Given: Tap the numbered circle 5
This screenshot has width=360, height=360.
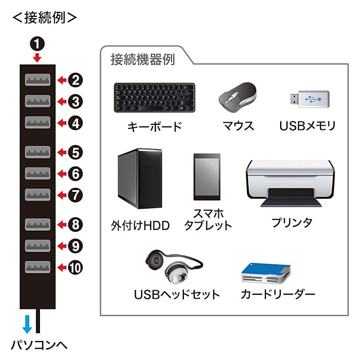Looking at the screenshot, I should pos(76,152).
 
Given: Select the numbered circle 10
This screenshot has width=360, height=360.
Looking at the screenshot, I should pos(76,267).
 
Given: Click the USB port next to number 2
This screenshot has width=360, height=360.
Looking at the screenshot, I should pos(38,80).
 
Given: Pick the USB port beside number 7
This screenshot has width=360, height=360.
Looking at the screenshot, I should pos(38,195).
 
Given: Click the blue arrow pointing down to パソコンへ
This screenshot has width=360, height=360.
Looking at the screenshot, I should pos(26,324).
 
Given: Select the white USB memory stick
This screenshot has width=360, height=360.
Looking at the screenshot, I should pos(307,100).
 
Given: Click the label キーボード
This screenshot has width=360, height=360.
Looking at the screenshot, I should pos(154,126).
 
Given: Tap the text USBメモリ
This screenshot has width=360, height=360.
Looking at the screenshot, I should pos(307,126).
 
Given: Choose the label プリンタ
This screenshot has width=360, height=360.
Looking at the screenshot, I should pos(291,222).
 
